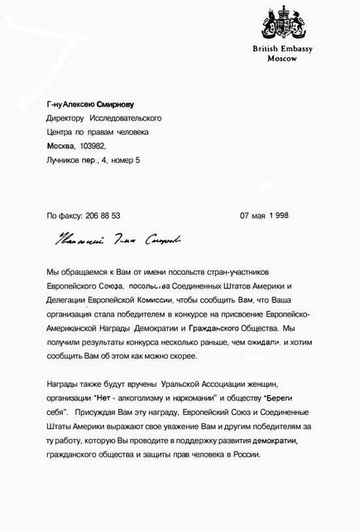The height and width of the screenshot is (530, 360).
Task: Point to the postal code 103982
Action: (105, 146)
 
